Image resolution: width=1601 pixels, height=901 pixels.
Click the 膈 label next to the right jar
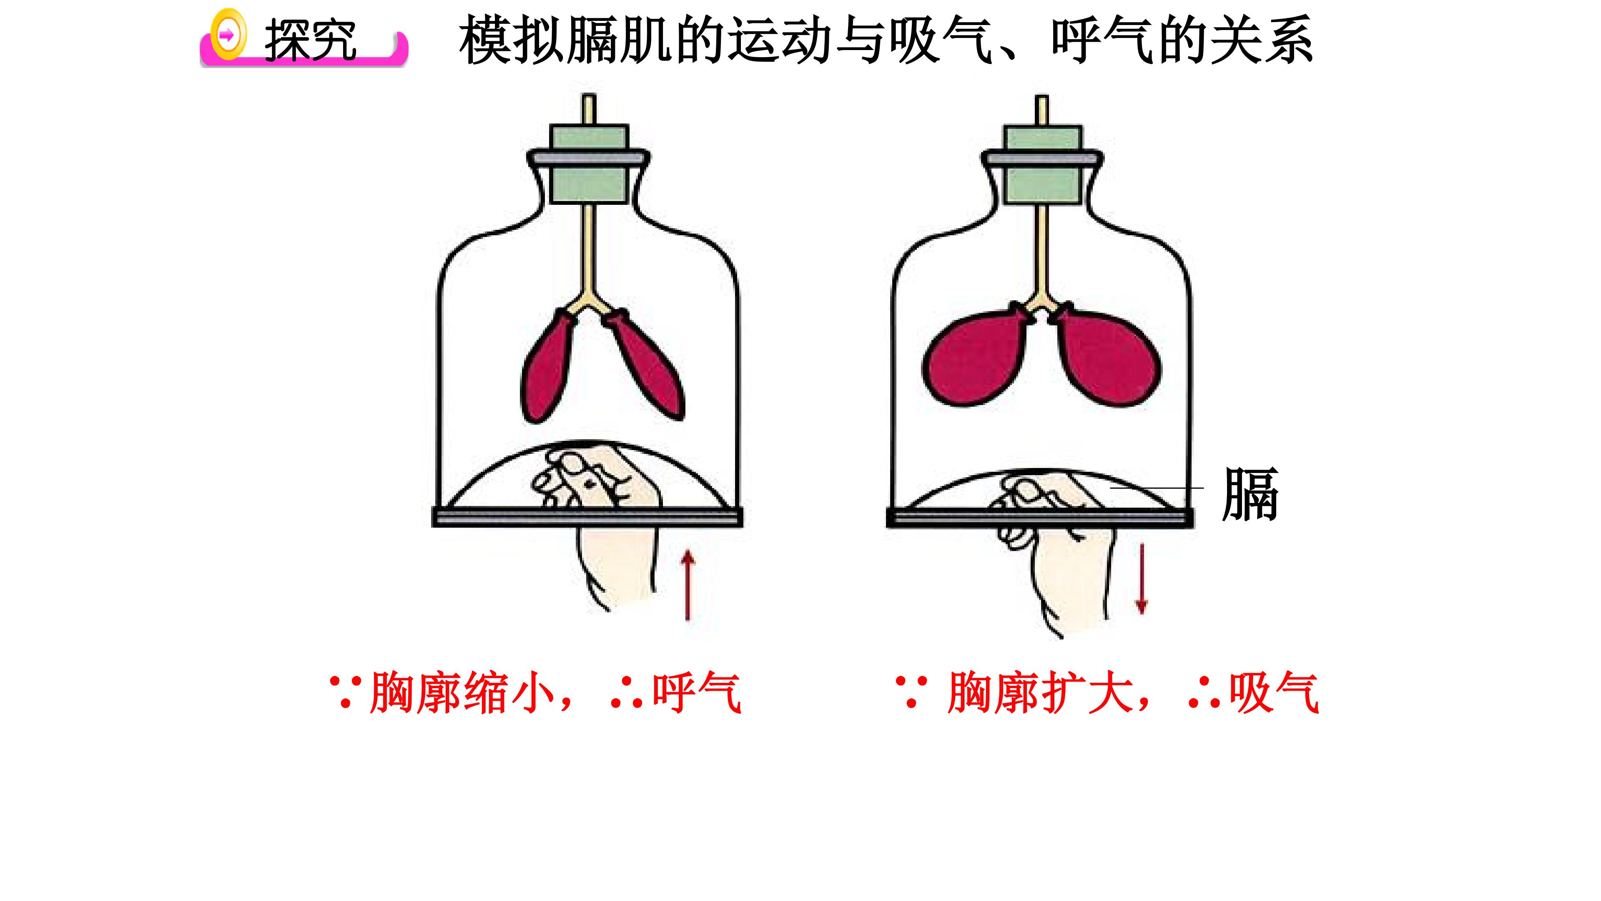(x=1250, y=494)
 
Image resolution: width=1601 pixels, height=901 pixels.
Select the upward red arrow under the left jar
(x=688, y=585)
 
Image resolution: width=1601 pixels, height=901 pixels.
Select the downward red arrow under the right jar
(x=1141, y=578)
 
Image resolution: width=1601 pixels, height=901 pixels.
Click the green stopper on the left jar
(x=589, y=164)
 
